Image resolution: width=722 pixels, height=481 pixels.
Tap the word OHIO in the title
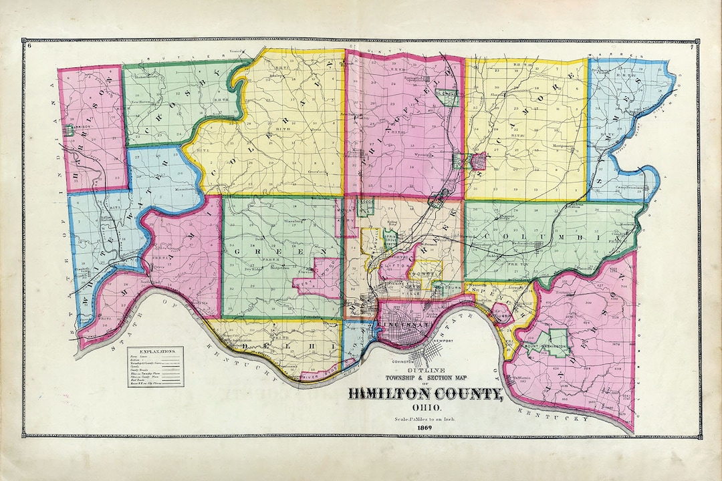coord(424,408)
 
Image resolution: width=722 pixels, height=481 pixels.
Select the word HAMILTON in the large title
coord(394,393)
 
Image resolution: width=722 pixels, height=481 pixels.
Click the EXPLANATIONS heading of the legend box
coord(154,351)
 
